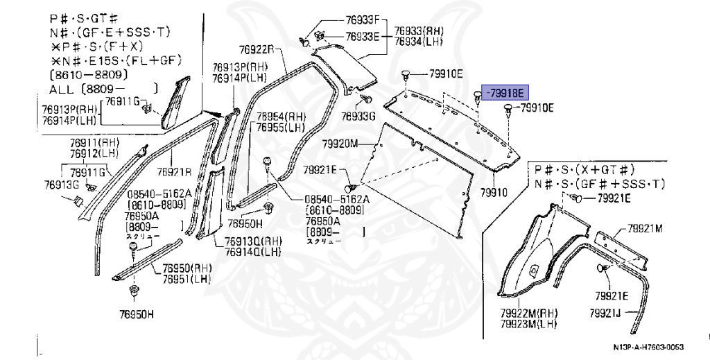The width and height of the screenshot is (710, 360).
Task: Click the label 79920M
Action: pyautogui.click(x=339, y=144)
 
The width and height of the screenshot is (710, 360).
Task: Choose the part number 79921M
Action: pyautogui.click(x=645, y=228)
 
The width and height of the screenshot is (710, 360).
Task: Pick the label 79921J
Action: pyautogui.click(x=608, y=314)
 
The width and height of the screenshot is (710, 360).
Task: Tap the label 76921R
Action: pyautogui.click(x=174, y=172)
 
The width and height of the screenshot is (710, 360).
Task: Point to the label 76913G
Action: pyautogui.click(x=61, y=185)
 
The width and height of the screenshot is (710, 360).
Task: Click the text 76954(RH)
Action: pyautogui.click(x=281, y=117)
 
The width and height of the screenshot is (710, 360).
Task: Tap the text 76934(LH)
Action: pyautogui.click(x=419, y=41)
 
